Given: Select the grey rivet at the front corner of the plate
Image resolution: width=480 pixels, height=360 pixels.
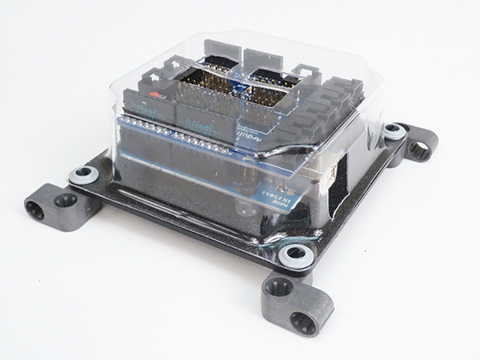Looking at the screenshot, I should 294,255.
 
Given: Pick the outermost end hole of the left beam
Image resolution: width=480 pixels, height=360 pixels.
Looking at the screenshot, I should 36,210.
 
